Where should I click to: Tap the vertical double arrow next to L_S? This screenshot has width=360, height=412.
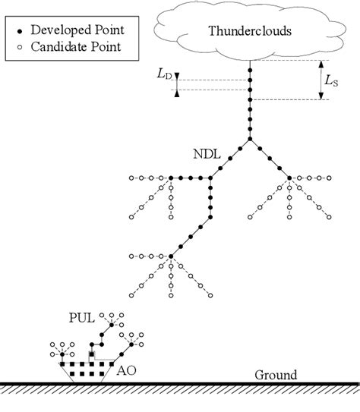[322, 80]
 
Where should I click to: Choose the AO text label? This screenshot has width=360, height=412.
[127, 372]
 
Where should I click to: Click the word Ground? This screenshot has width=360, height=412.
[275, 375]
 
